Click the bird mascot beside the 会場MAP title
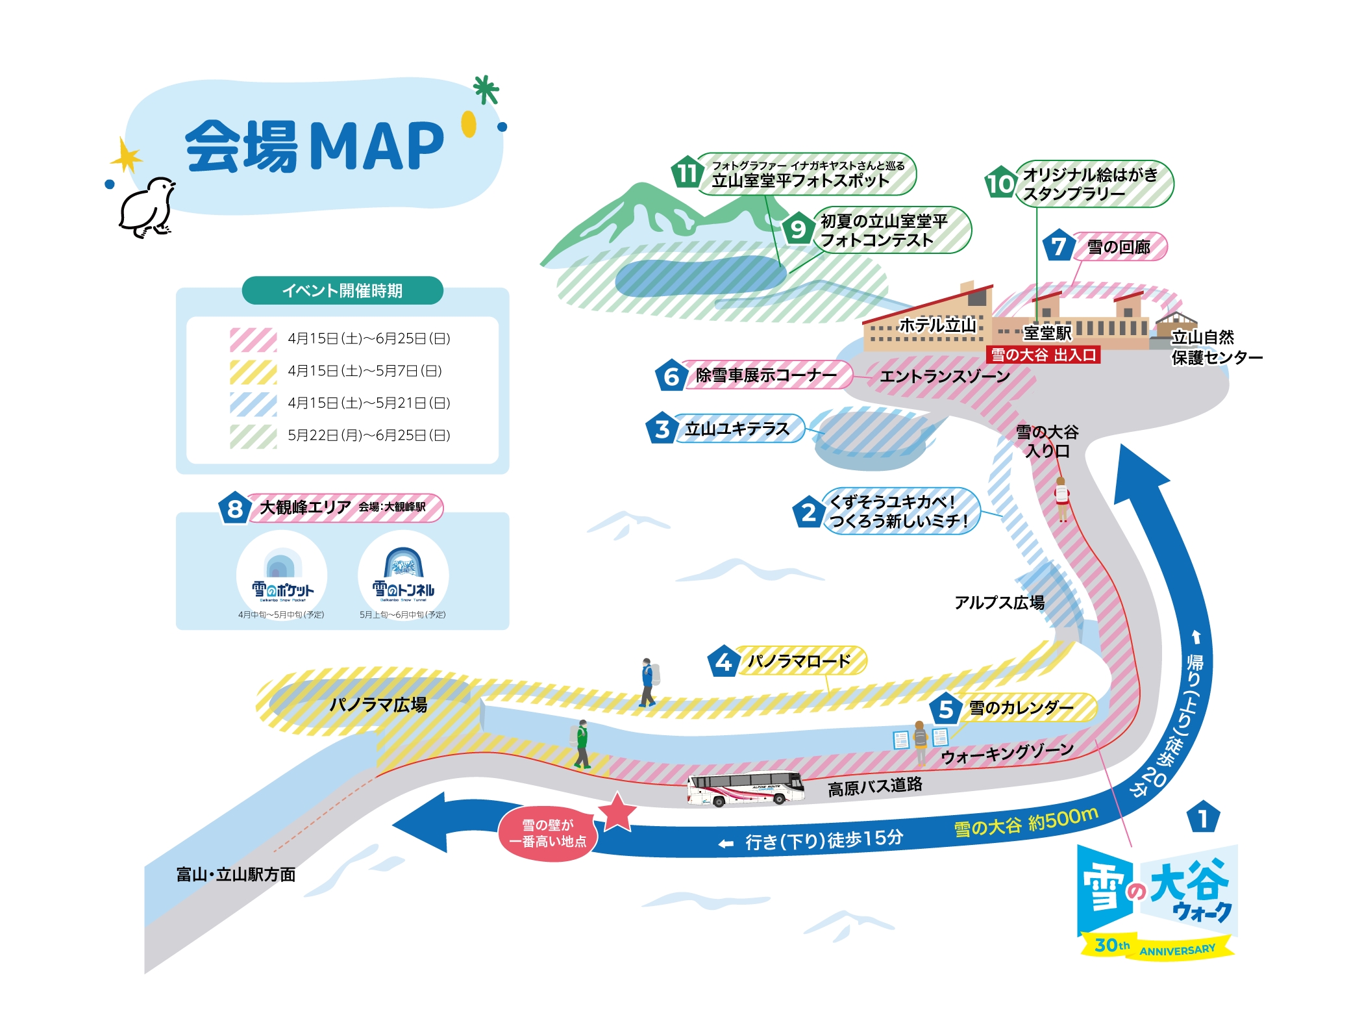(147, 208)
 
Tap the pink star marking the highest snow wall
(616, 812)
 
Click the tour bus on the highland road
(746, 788)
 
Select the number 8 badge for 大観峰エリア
(234, 508)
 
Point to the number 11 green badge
(687, 173)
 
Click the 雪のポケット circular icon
(282, 575)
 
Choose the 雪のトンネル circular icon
(403, 575)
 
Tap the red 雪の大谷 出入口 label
(1043, 355)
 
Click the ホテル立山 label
(937, 325)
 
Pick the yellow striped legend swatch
(253, 371)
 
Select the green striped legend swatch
(253, 436)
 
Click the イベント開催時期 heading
(342, 290)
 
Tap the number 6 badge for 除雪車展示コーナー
(671, 376)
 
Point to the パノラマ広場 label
(378, 705)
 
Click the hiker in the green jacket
(582, 744)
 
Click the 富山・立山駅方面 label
(236, 874)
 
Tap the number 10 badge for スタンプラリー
(1000, 182)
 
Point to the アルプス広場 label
(999, 603)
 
